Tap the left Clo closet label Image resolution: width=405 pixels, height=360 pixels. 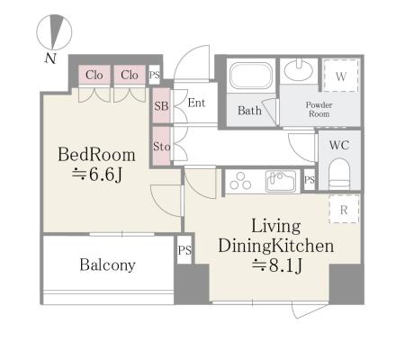94,75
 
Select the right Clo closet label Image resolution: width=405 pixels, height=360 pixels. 130,75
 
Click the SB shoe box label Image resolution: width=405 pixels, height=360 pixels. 161,106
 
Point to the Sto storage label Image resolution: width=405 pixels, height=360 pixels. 162,147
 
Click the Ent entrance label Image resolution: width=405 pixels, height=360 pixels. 196,103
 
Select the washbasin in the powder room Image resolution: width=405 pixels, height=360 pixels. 298,70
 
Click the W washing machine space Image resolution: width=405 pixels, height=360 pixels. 341,76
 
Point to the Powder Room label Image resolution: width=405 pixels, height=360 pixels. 319,109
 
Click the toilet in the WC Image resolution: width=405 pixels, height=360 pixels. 339,174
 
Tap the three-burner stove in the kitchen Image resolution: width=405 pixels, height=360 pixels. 240,181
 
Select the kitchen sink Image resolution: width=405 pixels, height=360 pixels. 281,181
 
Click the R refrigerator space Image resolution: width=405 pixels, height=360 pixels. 344,209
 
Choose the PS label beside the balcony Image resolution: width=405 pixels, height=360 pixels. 184,250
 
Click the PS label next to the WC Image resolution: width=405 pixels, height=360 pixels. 310,180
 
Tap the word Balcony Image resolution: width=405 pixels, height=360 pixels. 108,265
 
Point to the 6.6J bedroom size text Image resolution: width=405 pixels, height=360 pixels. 97,175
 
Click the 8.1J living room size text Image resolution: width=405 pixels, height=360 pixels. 276,265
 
